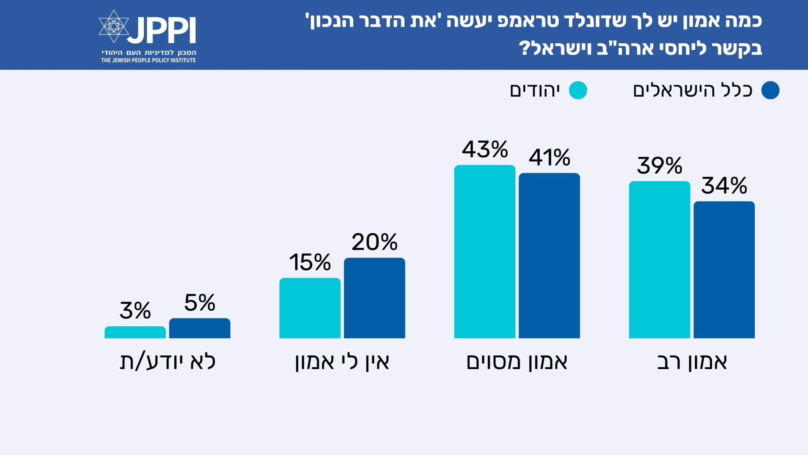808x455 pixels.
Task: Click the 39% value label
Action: (659, 166)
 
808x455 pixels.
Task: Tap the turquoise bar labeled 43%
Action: (484, 252)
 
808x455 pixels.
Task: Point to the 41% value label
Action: (550, 158)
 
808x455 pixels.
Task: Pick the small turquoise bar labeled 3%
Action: (135, 332)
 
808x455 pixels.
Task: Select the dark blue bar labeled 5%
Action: (200, 328)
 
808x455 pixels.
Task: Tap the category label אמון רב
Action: (692, 362)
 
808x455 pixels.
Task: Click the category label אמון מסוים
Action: (517, 362)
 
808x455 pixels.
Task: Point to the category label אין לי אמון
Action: (342, 362)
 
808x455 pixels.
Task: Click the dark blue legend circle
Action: (770, 90)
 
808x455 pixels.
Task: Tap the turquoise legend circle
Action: (578, 90)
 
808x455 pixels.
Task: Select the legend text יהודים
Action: (535, 91)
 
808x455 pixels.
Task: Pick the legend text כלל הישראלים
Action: (693, 91)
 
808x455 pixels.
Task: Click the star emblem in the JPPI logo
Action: (114, 26)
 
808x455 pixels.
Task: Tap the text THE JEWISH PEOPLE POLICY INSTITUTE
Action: (148, 60)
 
